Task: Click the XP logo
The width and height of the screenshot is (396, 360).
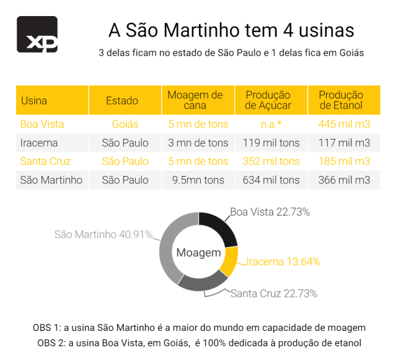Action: (x=37, y=35)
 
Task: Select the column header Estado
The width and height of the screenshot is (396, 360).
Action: (x=122, y=100)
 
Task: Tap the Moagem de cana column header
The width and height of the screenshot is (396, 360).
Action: (x=195, y=100)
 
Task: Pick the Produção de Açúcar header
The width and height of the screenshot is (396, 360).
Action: (x=268, y=100)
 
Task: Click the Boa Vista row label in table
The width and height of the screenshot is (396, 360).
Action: (x=42, y=124)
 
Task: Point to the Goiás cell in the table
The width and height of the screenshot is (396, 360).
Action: (x=125, y=124)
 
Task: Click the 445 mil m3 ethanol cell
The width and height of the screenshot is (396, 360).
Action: (x=344, y=124)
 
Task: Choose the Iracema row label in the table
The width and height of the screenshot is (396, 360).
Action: (x=39, y=143)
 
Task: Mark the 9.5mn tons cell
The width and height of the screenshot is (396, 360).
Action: (x=196, y=180)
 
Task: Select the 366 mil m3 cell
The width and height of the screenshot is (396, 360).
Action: (x=344, y=180)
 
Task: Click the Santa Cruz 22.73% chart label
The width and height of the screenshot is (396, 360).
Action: (x=273, y=293)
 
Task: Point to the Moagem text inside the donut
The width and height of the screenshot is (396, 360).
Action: (x=198, y=253)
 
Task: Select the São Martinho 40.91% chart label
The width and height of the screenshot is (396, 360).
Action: (x=103, y=235)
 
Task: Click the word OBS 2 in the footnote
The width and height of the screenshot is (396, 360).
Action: (x=51, y=343)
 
